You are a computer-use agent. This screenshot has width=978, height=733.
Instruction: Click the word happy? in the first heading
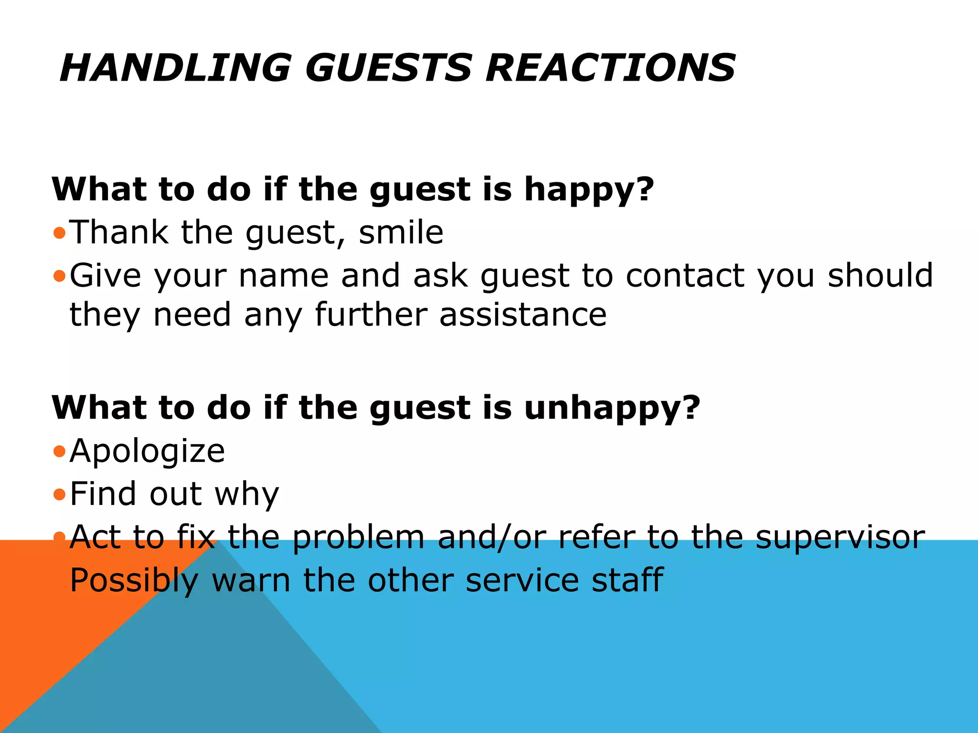(589, 190)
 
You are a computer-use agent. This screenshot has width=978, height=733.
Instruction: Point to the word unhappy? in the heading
(612, 408)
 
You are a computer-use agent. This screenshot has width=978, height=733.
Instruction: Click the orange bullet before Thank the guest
(59, 233)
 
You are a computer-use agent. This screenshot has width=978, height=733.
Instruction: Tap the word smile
(401, 232)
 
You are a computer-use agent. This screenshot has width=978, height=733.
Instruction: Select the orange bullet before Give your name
(59, 276)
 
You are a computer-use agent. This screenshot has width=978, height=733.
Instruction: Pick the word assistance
(523, 315)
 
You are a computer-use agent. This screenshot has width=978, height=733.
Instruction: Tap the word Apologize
(147, 451)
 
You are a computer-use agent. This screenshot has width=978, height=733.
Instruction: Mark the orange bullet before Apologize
(59, 451)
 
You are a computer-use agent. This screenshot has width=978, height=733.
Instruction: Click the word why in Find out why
(246, 494)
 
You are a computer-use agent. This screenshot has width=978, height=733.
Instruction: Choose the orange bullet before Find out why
(59, 495)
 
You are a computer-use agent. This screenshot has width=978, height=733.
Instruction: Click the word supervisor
(840, 538)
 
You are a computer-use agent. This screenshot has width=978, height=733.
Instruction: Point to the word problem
(358, 538)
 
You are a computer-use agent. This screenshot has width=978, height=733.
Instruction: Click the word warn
(251, 581)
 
